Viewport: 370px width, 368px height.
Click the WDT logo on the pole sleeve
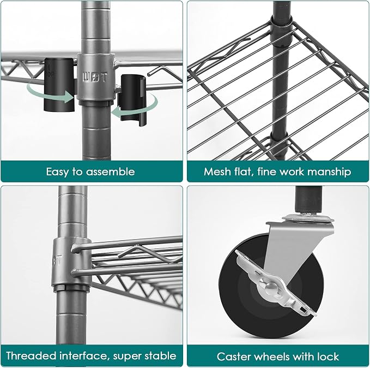click(x=95, y=78)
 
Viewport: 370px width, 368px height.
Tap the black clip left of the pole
click(x=59, y=85)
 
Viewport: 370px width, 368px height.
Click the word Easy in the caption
click(x=57, y=172)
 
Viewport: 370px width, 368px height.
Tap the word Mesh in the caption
click(x=217, y=171)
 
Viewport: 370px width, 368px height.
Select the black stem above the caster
click(x=308, y=199)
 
